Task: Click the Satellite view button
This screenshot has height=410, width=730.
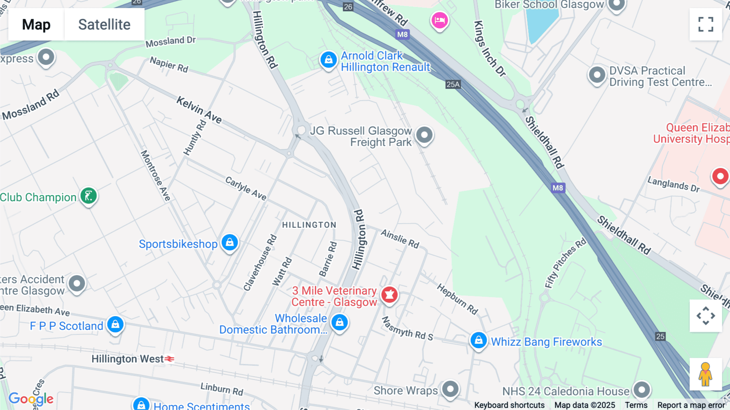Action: tap(104, 24)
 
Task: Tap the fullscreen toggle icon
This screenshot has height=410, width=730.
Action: tap(706, 24)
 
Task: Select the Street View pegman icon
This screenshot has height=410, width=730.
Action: tap(706, 374)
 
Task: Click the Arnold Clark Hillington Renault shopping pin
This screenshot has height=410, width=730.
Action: tap(328, 60)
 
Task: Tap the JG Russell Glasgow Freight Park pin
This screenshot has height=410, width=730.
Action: tap(424, 135)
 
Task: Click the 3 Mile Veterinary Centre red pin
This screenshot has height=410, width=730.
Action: tap(389, 295)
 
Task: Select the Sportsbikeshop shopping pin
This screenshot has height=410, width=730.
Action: tap(230, 243)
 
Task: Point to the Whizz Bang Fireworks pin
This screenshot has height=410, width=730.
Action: tap(479, 340)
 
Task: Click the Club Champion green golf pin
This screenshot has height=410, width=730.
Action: tap(88, 196)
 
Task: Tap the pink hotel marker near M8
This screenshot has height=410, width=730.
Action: tap(440, 20)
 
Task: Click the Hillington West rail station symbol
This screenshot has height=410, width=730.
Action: tap(170, 359)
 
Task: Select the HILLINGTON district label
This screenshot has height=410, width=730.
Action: tap(309, 225)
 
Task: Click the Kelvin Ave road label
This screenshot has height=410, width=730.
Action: tap(199, 110)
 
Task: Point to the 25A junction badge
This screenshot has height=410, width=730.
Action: tap(453, 84)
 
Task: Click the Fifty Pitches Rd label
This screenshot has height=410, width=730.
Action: tap(566, 263)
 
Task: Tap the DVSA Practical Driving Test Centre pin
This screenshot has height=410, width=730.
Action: tap(597, 75)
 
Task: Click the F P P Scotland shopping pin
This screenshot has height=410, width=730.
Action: tap(116, 324)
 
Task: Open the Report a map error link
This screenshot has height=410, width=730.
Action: tap(691, 405)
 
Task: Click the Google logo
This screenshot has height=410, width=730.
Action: tap(31, 399)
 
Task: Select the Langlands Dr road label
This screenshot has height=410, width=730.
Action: tap(674, 184)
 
